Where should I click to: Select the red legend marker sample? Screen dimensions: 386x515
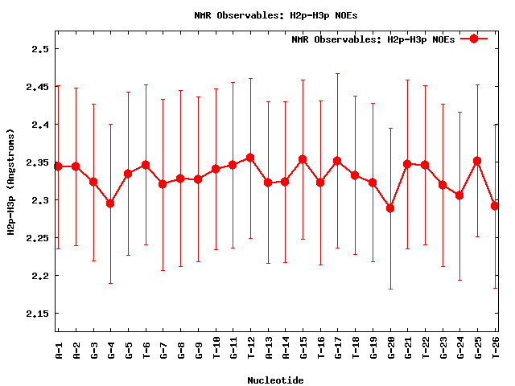(x=474, y=39)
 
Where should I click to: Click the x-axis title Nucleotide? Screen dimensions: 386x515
(x=276, y=380)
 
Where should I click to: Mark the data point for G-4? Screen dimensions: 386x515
(x=110, y=203)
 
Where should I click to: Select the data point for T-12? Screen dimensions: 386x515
(x=250, y=158)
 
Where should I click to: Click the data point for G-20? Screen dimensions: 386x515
(x=390, y=208)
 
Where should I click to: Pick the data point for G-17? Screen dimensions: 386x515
(x=337, y=161)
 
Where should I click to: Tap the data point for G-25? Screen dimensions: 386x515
(x=477, y=161)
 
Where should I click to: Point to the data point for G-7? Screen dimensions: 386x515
(x=163, y=184)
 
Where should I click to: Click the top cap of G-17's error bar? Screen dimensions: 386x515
(x=337, y=73)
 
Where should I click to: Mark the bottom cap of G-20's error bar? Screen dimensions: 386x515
(x=390, y=289)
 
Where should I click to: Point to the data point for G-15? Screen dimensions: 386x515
(x=303, y=159)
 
